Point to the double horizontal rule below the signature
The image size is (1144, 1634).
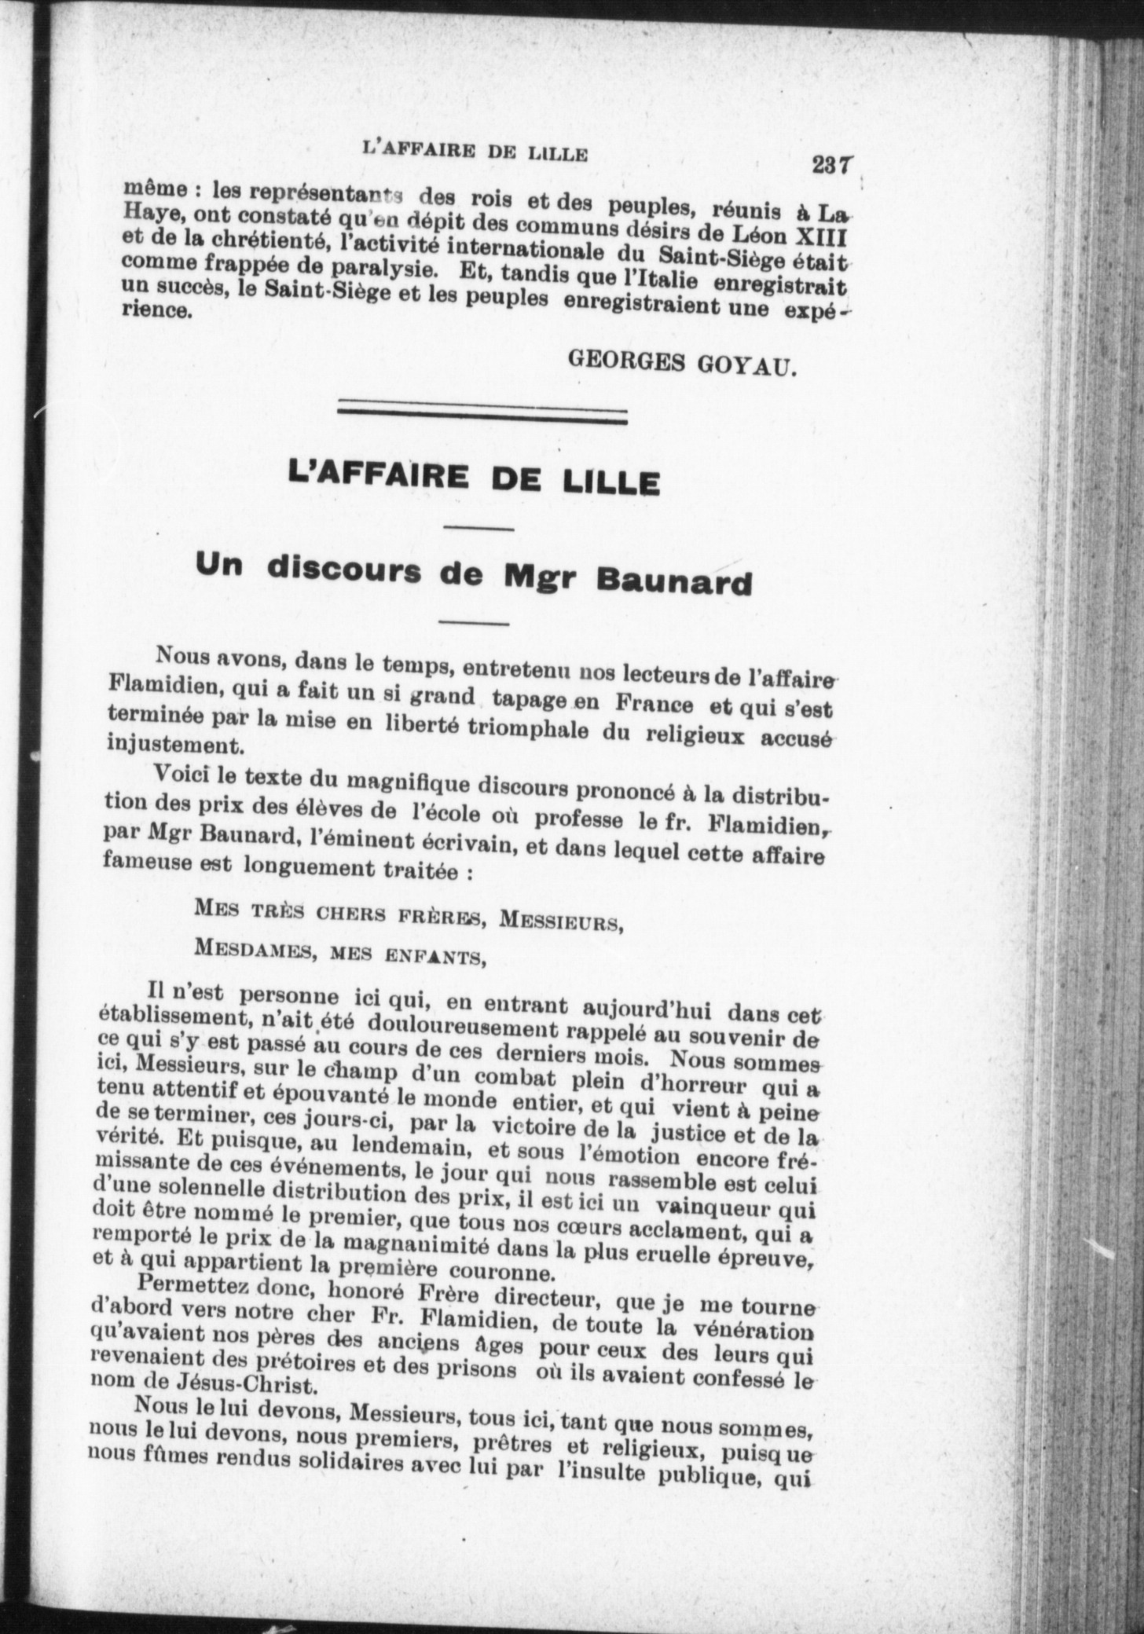pyautogui.click(x=482, y=414)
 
